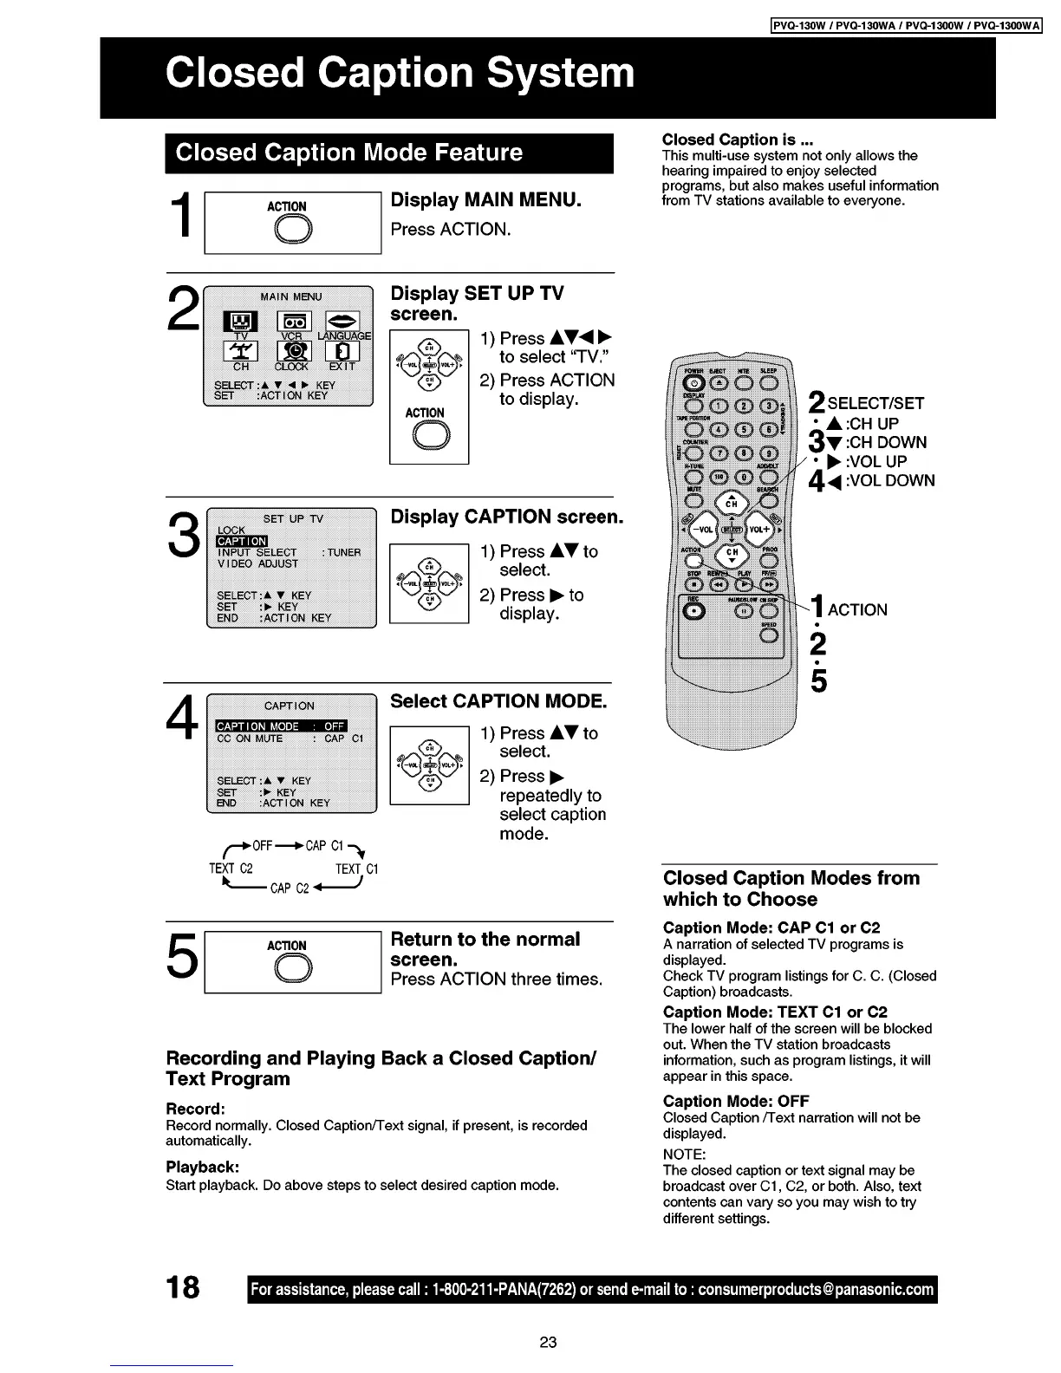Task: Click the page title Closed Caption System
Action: (400, 73)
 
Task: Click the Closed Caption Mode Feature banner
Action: (348, 153)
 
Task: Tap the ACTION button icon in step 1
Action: (287, 230)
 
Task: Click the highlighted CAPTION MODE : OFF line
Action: (280, 726)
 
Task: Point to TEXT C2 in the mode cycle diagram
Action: (231, 869)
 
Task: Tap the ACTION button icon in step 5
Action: (287, 969)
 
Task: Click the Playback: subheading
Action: (202, 1167)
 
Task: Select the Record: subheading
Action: (195, 1109)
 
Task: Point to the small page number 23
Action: (547, 1343)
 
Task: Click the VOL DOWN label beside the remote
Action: (883, 481)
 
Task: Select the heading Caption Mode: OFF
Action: (736, 1101)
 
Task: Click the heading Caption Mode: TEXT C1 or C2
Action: (775, 1012)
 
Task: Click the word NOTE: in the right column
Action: (684, 1154)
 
